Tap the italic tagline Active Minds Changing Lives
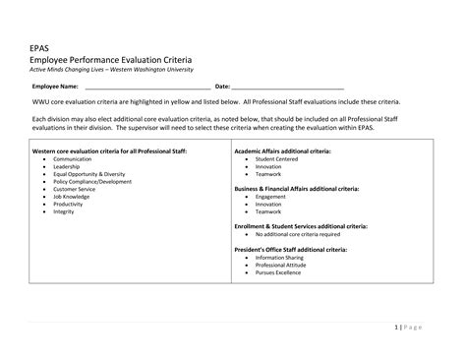(x=112, y=69)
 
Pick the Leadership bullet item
(x=67, y=167)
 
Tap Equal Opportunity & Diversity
(x=88, y=174)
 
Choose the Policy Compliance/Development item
(x=92, y=182)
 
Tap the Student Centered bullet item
(x=277, y=158)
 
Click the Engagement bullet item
(x=270, y=197)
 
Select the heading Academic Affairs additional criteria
(x=282, y=151)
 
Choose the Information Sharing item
(x=281, y=258)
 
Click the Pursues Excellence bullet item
(x=280, y=272)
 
